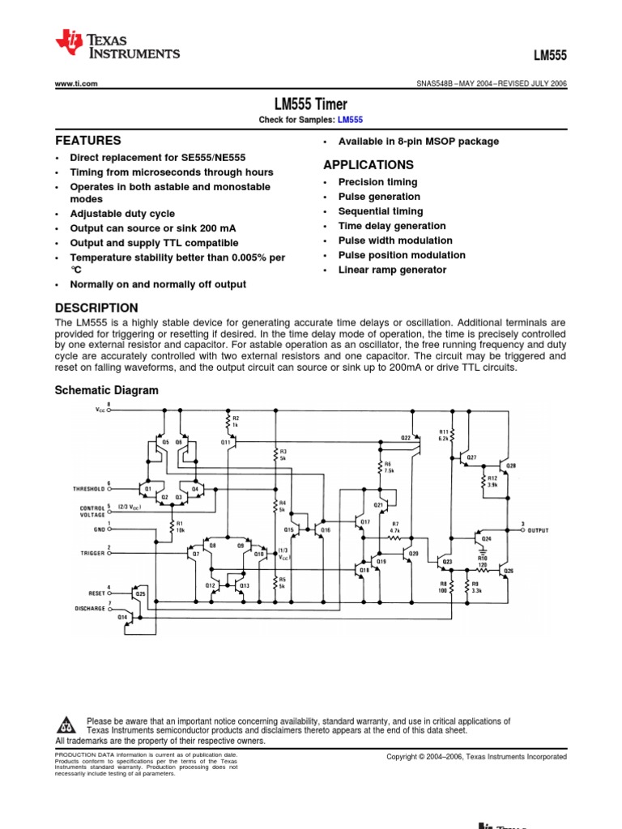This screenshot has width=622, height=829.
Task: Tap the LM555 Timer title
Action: [x=311, y=104]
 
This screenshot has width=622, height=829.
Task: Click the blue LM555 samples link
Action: [x=350, y=120]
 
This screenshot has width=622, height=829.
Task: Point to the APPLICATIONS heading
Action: [x=369, y=164]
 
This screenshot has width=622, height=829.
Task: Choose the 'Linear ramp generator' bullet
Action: [x=392, y=270]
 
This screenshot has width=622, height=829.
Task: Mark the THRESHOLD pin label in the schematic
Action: [x=89, y=489]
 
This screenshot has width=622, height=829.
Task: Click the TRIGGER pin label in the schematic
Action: [x=93, y=553]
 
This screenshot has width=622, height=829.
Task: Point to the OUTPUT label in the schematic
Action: [x=538, y=531]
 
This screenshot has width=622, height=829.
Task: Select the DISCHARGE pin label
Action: [x=90, y=608]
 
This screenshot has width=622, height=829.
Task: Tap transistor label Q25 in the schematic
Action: [x=140, y=593]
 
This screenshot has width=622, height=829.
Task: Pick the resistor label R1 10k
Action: [x=181, y=526]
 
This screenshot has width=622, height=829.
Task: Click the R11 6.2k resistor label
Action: [x=444, y=435]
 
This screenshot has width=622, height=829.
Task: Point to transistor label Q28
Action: [x=511, y=466]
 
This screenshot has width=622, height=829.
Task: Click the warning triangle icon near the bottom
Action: [x=68, y=722]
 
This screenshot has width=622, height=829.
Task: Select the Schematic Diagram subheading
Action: [x=106, y=390]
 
